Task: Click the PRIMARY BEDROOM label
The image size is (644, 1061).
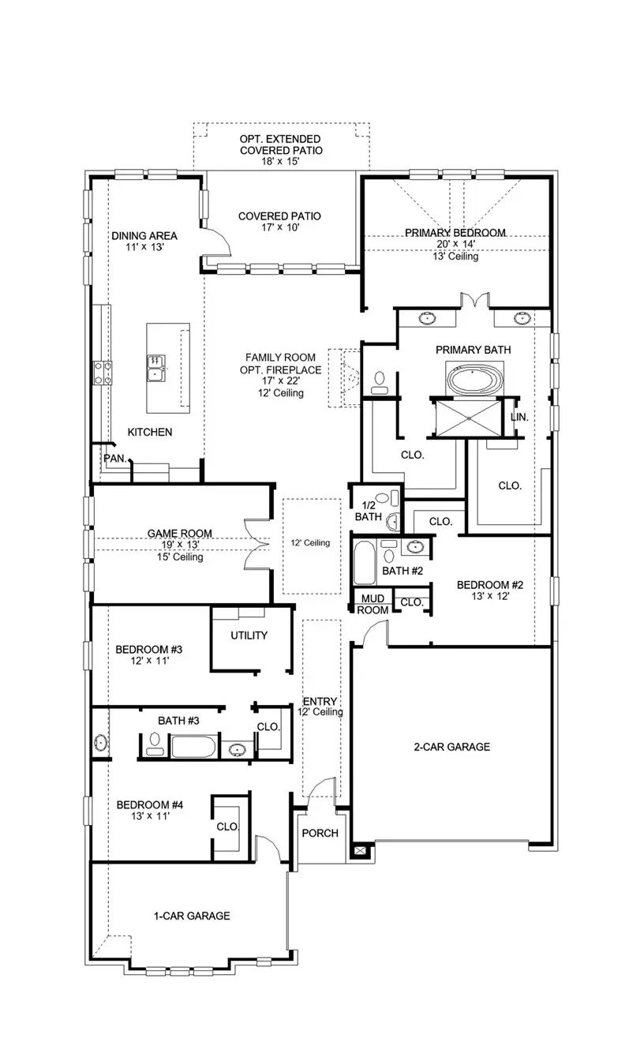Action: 455,233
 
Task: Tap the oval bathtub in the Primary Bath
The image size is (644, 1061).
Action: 474,379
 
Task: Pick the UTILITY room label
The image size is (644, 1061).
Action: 249,635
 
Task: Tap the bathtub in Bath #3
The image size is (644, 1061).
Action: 193,746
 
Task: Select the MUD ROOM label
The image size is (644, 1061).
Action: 373,605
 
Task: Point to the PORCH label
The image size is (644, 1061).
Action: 320,833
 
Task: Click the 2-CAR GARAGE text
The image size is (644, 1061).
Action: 452,747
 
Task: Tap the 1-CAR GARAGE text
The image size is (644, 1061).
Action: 192,916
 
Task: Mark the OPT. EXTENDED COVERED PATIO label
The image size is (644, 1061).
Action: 281,144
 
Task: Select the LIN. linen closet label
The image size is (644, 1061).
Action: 519,417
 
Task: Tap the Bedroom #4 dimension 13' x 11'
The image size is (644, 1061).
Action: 150,816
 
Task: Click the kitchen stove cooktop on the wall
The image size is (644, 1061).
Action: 103,371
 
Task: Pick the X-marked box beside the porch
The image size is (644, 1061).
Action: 361,851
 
